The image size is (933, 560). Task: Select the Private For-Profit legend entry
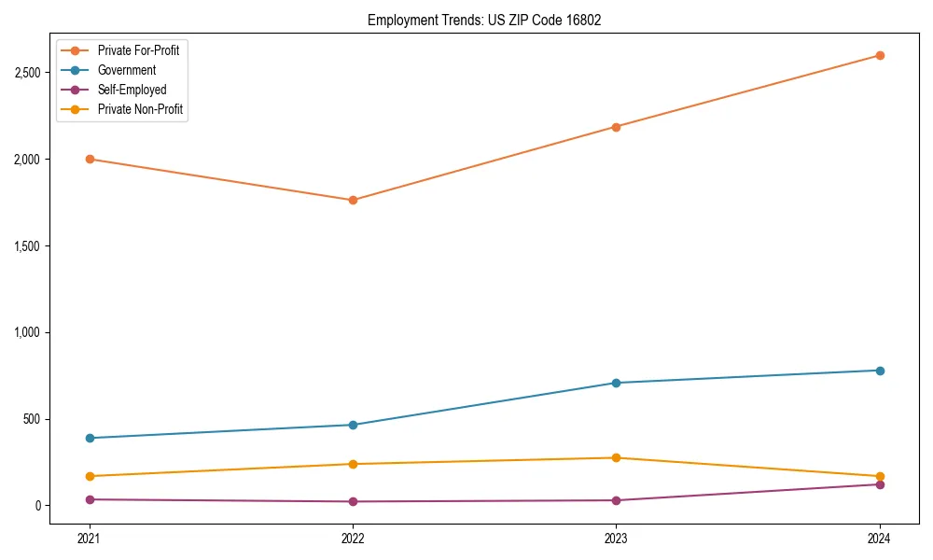tap(138, 50)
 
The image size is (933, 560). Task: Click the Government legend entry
tap(126, 70)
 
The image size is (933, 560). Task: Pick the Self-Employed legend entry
tap(132, 90)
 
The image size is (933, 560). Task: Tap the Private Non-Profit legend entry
tap(140, 109)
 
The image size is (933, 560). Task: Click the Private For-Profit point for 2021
tap(90, 159)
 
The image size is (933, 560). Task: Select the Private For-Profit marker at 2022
tap(353, 200)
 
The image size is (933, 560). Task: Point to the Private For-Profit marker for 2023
tap(616, 127)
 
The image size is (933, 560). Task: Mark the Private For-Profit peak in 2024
tap(880, 55)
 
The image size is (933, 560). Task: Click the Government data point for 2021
tap(90, 438)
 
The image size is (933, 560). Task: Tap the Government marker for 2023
tap(616, 383)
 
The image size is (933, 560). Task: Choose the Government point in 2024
tap(880, 371)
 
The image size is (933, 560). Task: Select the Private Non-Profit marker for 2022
tap(353, 464)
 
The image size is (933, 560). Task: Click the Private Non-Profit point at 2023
tap(616, 457)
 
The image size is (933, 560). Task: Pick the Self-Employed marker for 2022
tap(353, 501)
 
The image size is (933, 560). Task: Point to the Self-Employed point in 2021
tap(90, 499)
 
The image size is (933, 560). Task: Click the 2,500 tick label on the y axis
tap(28, 73)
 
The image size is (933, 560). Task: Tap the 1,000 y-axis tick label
tap(28, 332)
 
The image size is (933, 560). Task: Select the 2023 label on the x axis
tap(616, 538)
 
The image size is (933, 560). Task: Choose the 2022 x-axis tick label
tap(353, 538)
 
